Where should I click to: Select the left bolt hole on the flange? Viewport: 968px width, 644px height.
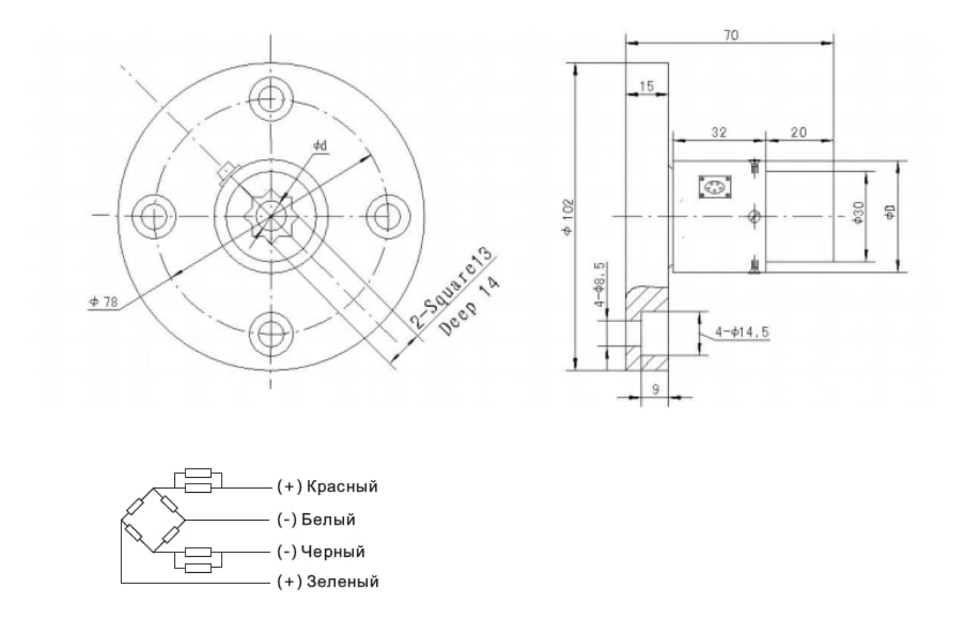pyautogui.click(x=153, y=215)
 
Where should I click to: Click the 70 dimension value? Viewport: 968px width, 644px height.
pyautogui.click(x=730, y=35)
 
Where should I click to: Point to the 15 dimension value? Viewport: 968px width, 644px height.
pyautogui.click(x=646, y=86)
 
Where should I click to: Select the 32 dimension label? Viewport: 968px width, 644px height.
pyautogui.click(x=719, y=132)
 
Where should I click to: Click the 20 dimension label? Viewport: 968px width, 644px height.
pyautogui.click(x=799, y=132)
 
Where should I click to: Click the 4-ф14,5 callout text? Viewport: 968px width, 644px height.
pyautogui.click(x=742, y=332)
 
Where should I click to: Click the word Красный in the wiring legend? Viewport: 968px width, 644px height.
pyautogui.click(x=342, y=486)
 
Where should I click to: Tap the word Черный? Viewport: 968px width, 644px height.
pyautogui.click(x=335, y=552)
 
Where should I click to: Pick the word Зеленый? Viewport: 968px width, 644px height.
pyautogui.click(x=342, y=581)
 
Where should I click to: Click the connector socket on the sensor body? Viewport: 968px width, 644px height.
pyautogui.click(x=714, y=187)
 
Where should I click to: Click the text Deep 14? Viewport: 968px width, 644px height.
pyautogui.click(x=470, y=308)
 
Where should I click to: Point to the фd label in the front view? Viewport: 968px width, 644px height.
pyautogui.click(x=320, y=146)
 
